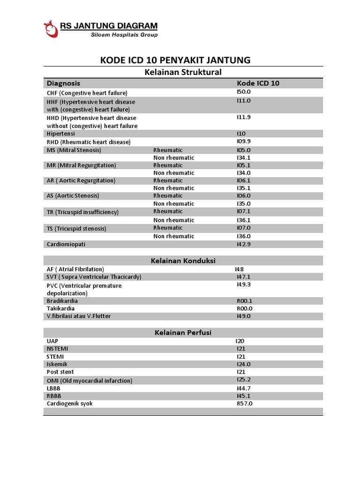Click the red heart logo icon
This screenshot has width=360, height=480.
pyautogui.click(x=51, y=29)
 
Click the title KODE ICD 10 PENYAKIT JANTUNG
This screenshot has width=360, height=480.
pyautogui.click(x=175, y=60)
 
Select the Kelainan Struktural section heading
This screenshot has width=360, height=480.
pyautogui.click(x=181, y=72)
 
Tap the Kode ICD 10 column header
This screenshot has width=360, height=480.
pyautogui.click(x=258, y=83)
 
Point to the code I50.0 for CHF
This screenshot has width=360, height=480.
pyautogui.click(x=244, y=92)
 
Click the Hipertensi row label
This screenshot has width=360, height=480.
pyautogui.click(x=60, y=134)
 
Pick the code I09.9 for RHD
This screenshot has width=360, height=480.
pyautogui.click(x=244, y=141)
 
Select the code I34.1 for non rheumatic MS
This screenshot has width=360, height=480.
pyautogui.click(x=244, y=158)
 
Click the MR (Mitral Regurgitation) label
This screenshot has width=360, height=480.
pyautogui.click(x=81, y=165)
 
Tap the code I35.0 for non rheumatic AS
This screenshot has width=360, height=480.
pyautogui.click(x=244, y=203)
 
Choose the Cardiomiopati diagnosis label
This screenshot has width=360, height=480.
pyautogui.click(x=66, y=244)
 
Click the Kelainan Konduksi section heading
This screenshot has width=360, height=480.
pyautogui.click(x=183, y=261)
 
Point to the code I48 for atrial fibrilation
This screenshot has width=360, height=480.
pyautogui.click(x=240, y=269)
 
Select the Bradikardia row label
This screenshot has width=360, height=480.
pyautogui.click(x=62, y=301)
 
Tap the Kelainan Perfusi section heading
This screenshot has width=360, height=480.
pyautogui.click(x=183, y=332)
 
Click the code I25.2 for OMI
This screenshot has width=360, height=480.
pyautogui.click(x=244, y=380)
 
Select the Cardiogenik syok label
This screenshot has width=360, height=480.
pyautogui.click(x=69, y=404)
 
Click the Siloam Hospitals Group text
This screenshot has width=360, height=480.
pyautogui.click(x=124, y=35)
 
